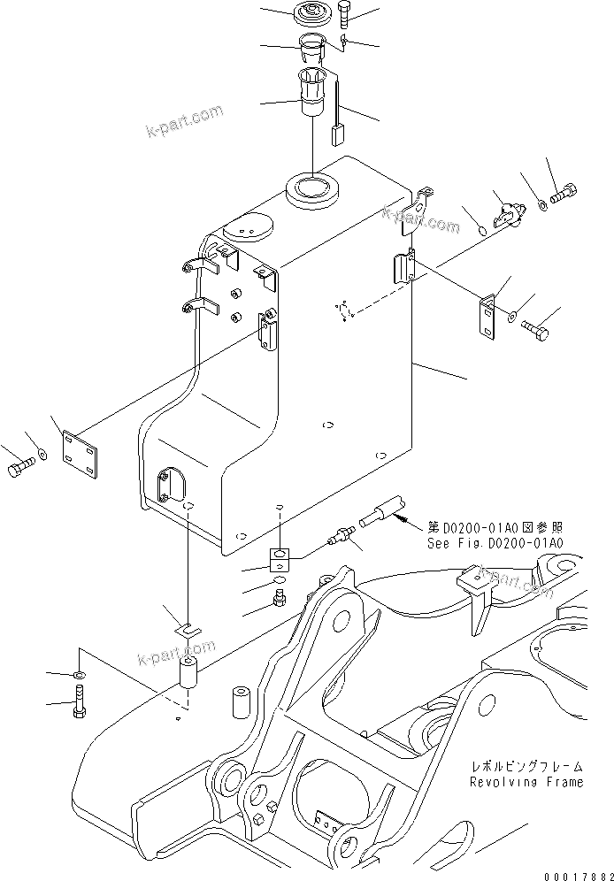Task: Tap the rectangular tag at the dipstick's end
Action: pyautogui.click(x=337, y=136)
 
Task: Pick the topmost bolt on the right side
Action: pyautogui.click(x=562, y=191)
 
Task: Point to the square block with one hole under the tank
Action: pyautogui.click(x=280, y=557)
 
